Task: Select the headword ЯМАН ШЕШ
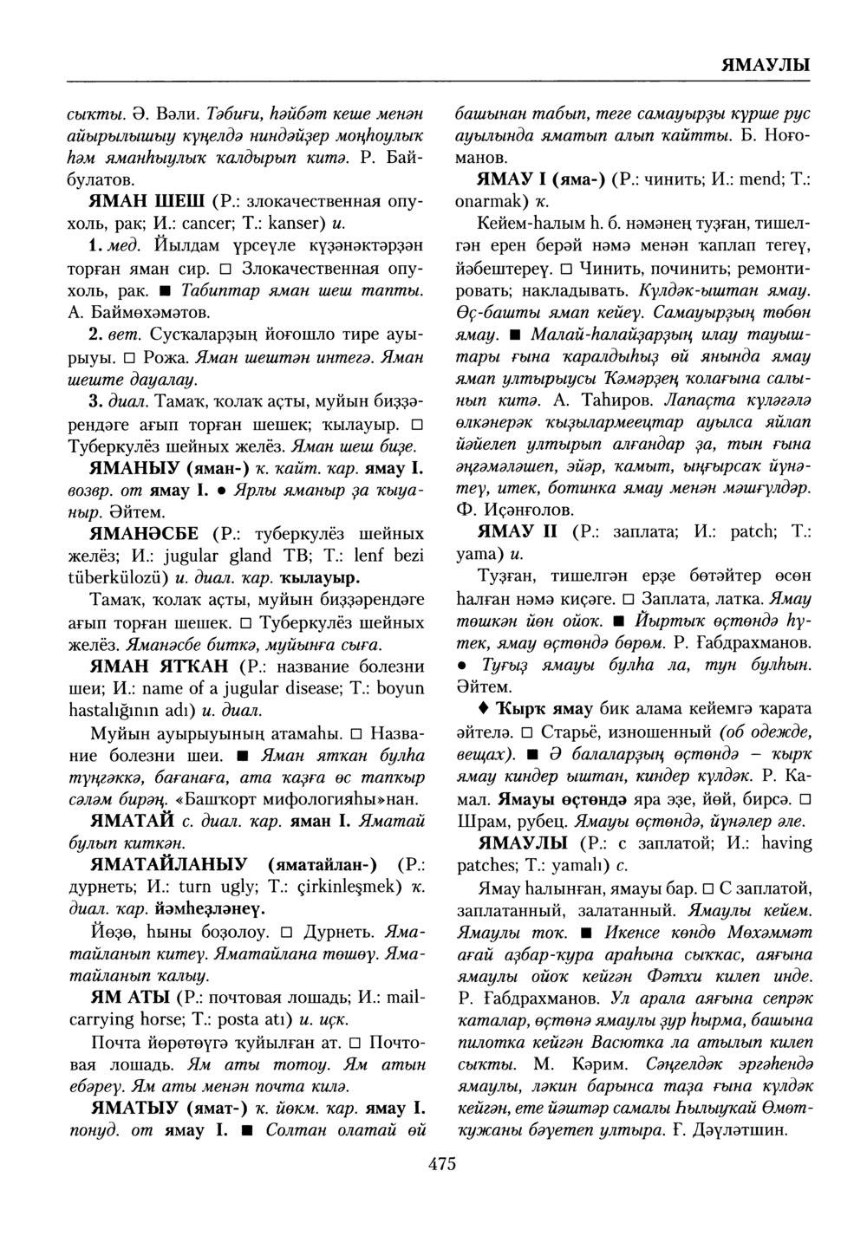[147, 202]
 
